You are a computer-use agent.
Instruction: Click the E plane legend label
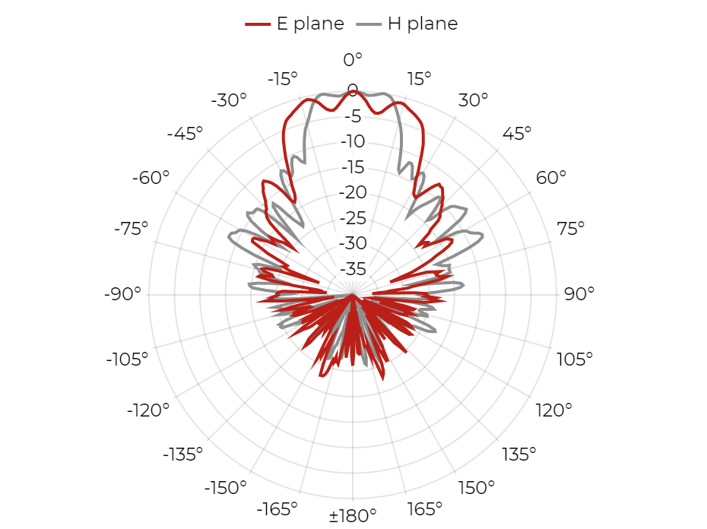tap(310, 24)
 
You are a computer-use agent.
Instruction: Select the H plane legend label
tap(423, 24)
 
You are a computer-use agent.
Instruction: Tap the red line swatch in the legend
tap(258, 24)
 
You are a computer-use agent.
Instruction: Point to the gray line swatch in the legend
tap(369, 24)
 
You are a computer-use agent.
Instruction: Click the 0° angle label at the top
tap(353, 59)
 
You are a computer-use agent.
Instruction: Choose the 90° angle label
tap(579, 294)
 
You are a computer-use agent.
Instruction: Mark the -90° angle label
tap(122, 294)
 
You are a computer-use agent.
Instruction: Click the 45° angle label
tap(517, 134)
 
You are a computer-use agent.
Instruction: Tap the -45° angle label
tap(185, 134)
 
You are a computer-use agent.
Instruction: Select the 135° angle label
tap(519, 455)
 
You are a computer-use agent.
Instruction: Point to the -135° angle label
tap(182, 455)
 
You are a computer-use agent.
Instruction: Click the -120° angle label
tap(148, 410)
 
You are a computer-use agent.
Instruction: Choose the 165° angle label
tap(425, 509)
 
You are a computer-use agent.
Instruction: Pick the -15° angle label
tap(283, 79)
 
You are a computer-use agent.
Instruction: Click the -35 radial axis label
tap(353, 269)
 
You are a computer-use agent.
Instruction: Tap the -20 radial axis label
tap(353, 192)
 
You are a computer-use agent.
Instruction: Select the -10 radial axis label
tap(353, 141)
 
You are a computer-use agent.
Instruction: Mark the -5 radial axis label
tap(353, 116)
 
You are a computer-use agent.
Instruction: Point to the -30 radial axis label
tap(353, 243)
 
